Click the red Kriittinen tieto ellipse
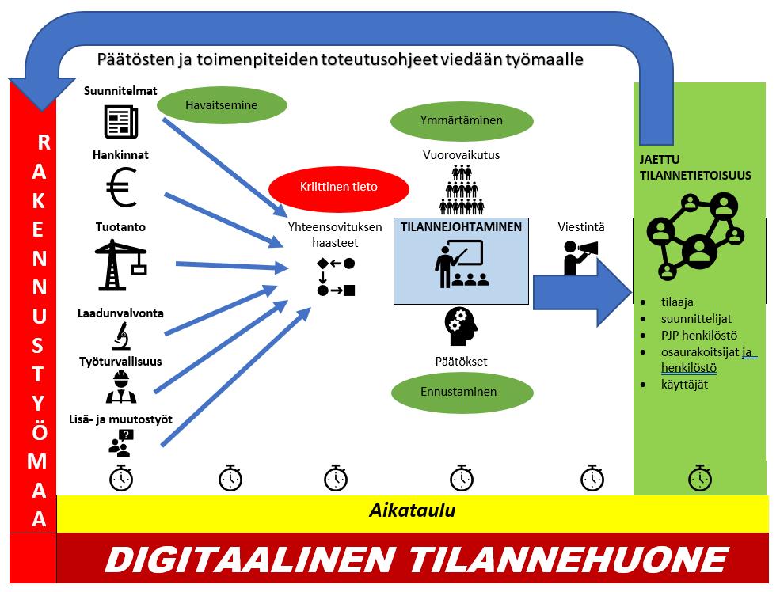point(339,188)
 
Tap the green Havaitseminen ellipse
point(221,105)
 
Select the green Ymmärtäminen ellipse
point(461,121)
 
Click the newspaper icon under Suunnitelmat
point(121,121)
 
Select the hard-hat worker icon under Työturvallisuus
point(121,387)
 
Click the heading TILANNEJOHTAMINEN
point(461,227)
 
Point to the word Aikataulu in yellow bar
point(412,510)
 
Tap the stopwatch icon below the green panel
point(699,478)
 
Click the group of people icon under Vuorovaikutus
point(461,188)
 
